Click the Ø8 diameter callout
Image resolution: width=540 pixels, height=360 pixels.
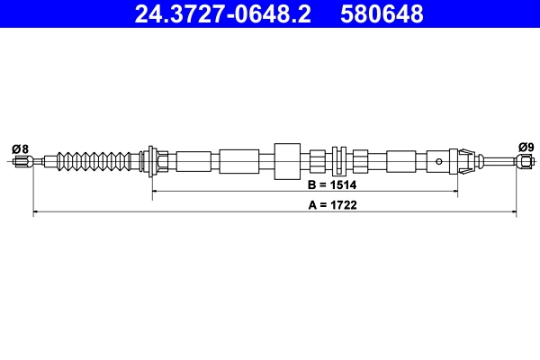pos(20,148)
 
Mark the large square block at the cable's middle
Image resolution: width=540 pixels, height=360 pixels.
pos(286,162)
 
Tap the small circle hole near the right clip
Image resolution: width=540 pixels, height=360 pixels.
pos(439,162)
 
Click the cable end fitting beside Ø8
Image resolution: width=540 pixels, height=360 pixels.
pos(24,162)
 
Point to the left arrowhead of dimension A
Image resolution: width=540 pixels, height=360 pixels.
pos(36,212)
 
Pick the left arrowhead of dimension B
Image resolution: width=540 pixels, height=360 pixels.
pos(155,191)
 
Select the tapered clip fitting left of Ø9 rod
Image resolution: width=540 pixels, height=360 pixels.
pos(465,162)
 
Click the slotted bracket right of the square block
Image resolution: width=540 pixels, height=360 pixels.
pos(338,162)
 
